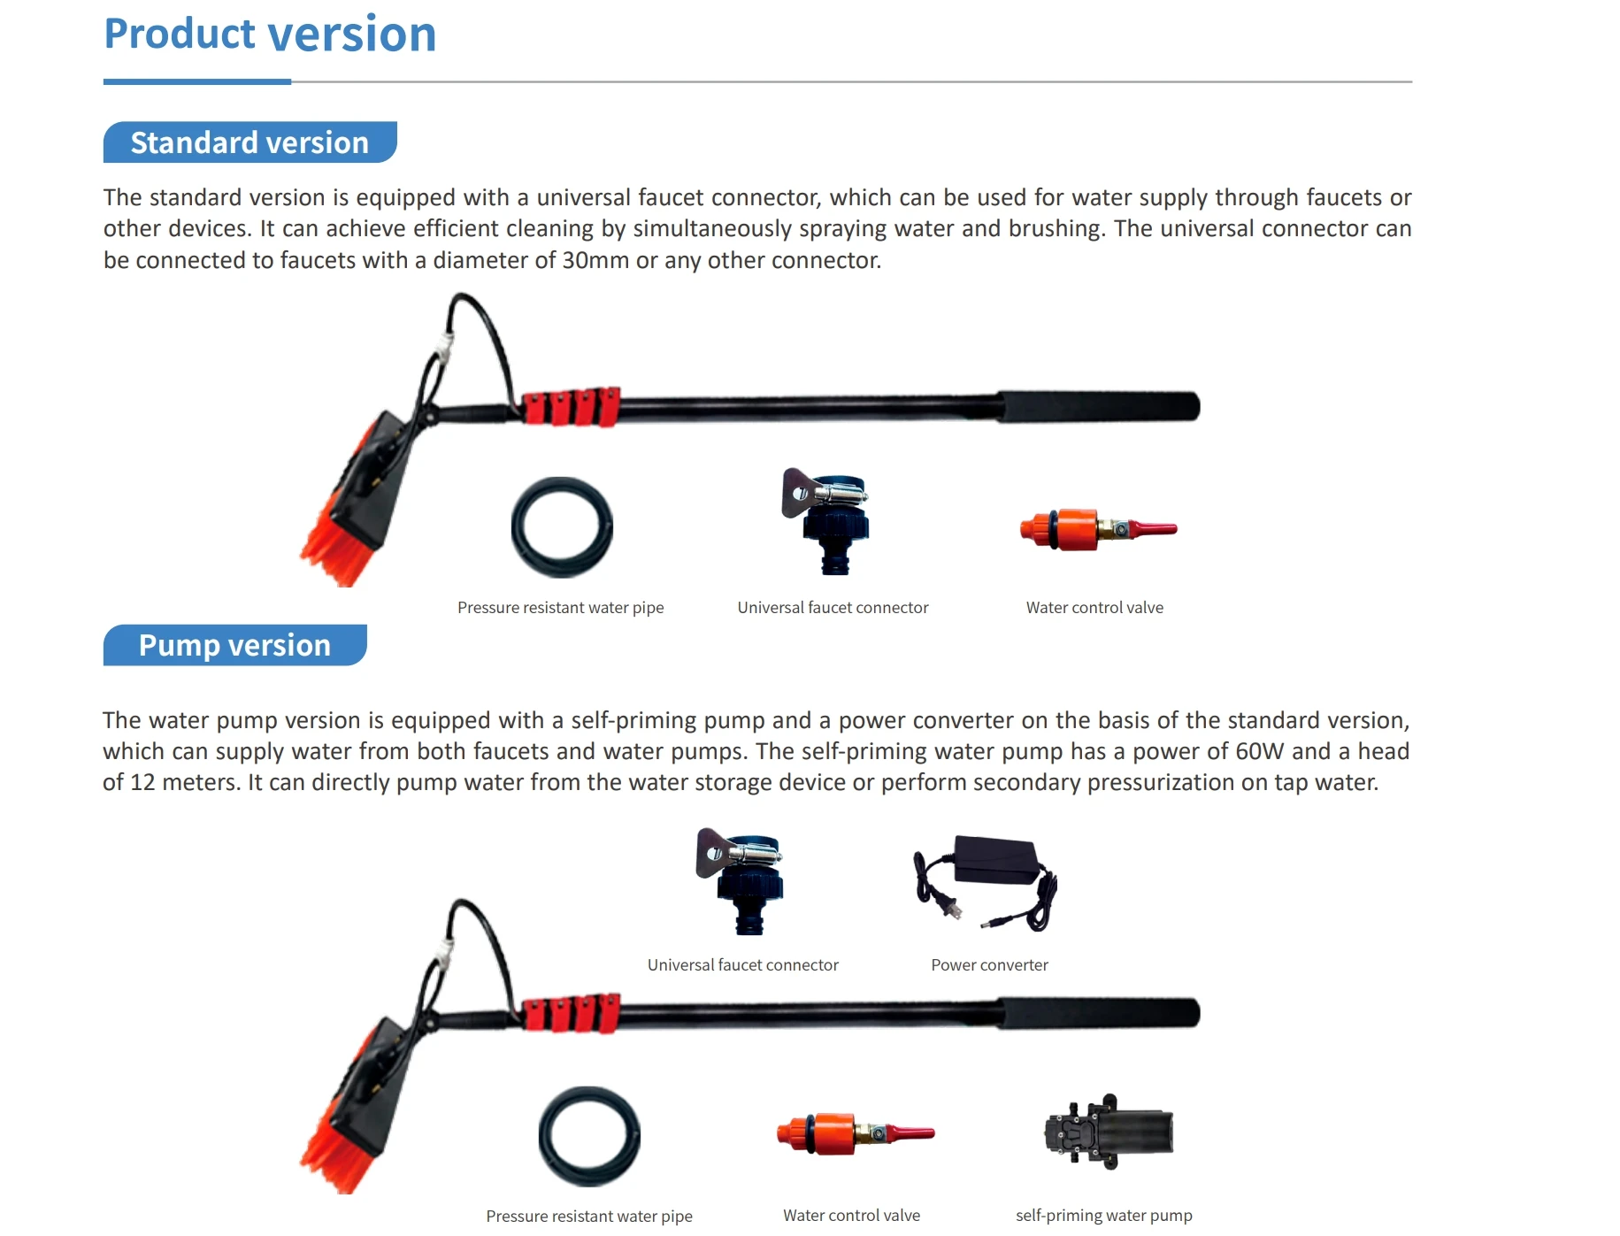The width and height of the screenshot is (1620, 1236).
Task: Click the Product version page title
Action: coord(270,35)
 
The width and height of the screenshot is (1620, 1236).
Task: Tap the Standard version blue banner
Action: coord(250,142)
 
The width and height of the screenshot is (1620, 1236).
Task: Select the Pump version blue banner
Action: coord(234,645)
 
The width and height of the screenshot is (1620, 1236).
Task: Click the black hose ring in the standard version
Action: coord(562,527)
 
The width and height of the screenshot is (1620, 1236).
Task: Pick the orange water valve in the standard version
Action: coord(1096,529)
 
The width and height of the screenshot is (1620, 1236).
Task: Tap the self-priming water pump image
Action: coord(1109,1132)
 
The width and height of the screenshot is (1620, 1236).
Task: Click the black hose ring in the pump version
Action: coord(589,1136)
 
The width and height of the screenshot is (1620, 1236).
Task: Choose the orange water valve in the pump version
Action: coord(853,1133)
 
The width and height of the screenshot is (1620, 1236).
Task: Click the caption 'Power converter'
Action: coord(989,965)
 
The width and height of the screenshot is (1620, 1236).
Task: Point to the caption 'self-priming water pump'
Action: coord(1103,1216)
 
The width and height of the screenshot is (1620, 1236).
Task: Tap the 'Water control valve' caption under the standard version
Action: coord(1094,608)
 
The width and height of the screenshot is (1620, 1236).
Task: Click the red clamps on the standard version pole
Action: coord(571,407)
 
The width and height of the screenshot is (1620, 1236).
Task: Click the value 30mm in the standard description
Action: coord(595,261)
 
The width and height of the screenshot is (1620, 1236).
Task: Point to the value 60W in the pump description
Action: coord(1259,752)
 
